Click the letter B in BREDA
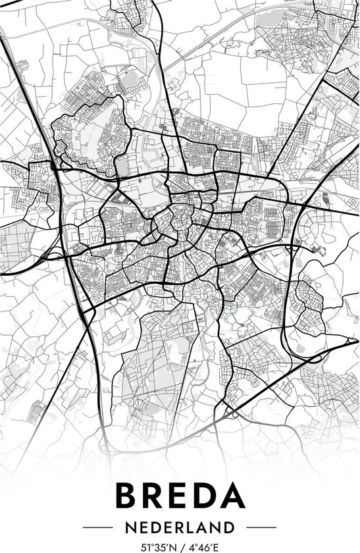point(128,496)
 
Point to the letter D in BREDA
point(208,496)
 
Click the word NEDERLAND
point(180,527)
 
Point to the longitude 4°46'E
point(203,546)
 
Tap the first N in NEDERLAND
point(130,527)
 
